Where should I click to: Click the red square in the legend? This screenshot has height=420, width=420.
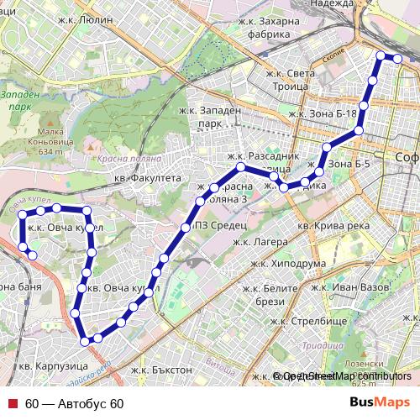(x=12, y=404)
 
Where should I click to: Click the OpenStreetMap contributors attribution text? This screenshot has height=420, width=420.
(x=344, y=376)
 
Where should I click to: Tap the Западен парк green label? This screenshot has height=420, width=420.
(x=19, y=102)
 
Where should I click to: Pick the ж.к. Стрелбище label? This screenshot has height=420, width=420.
(x=300, y=321)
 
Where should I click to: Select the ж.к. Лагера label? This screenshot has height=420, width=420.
(x=260, y=242)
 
